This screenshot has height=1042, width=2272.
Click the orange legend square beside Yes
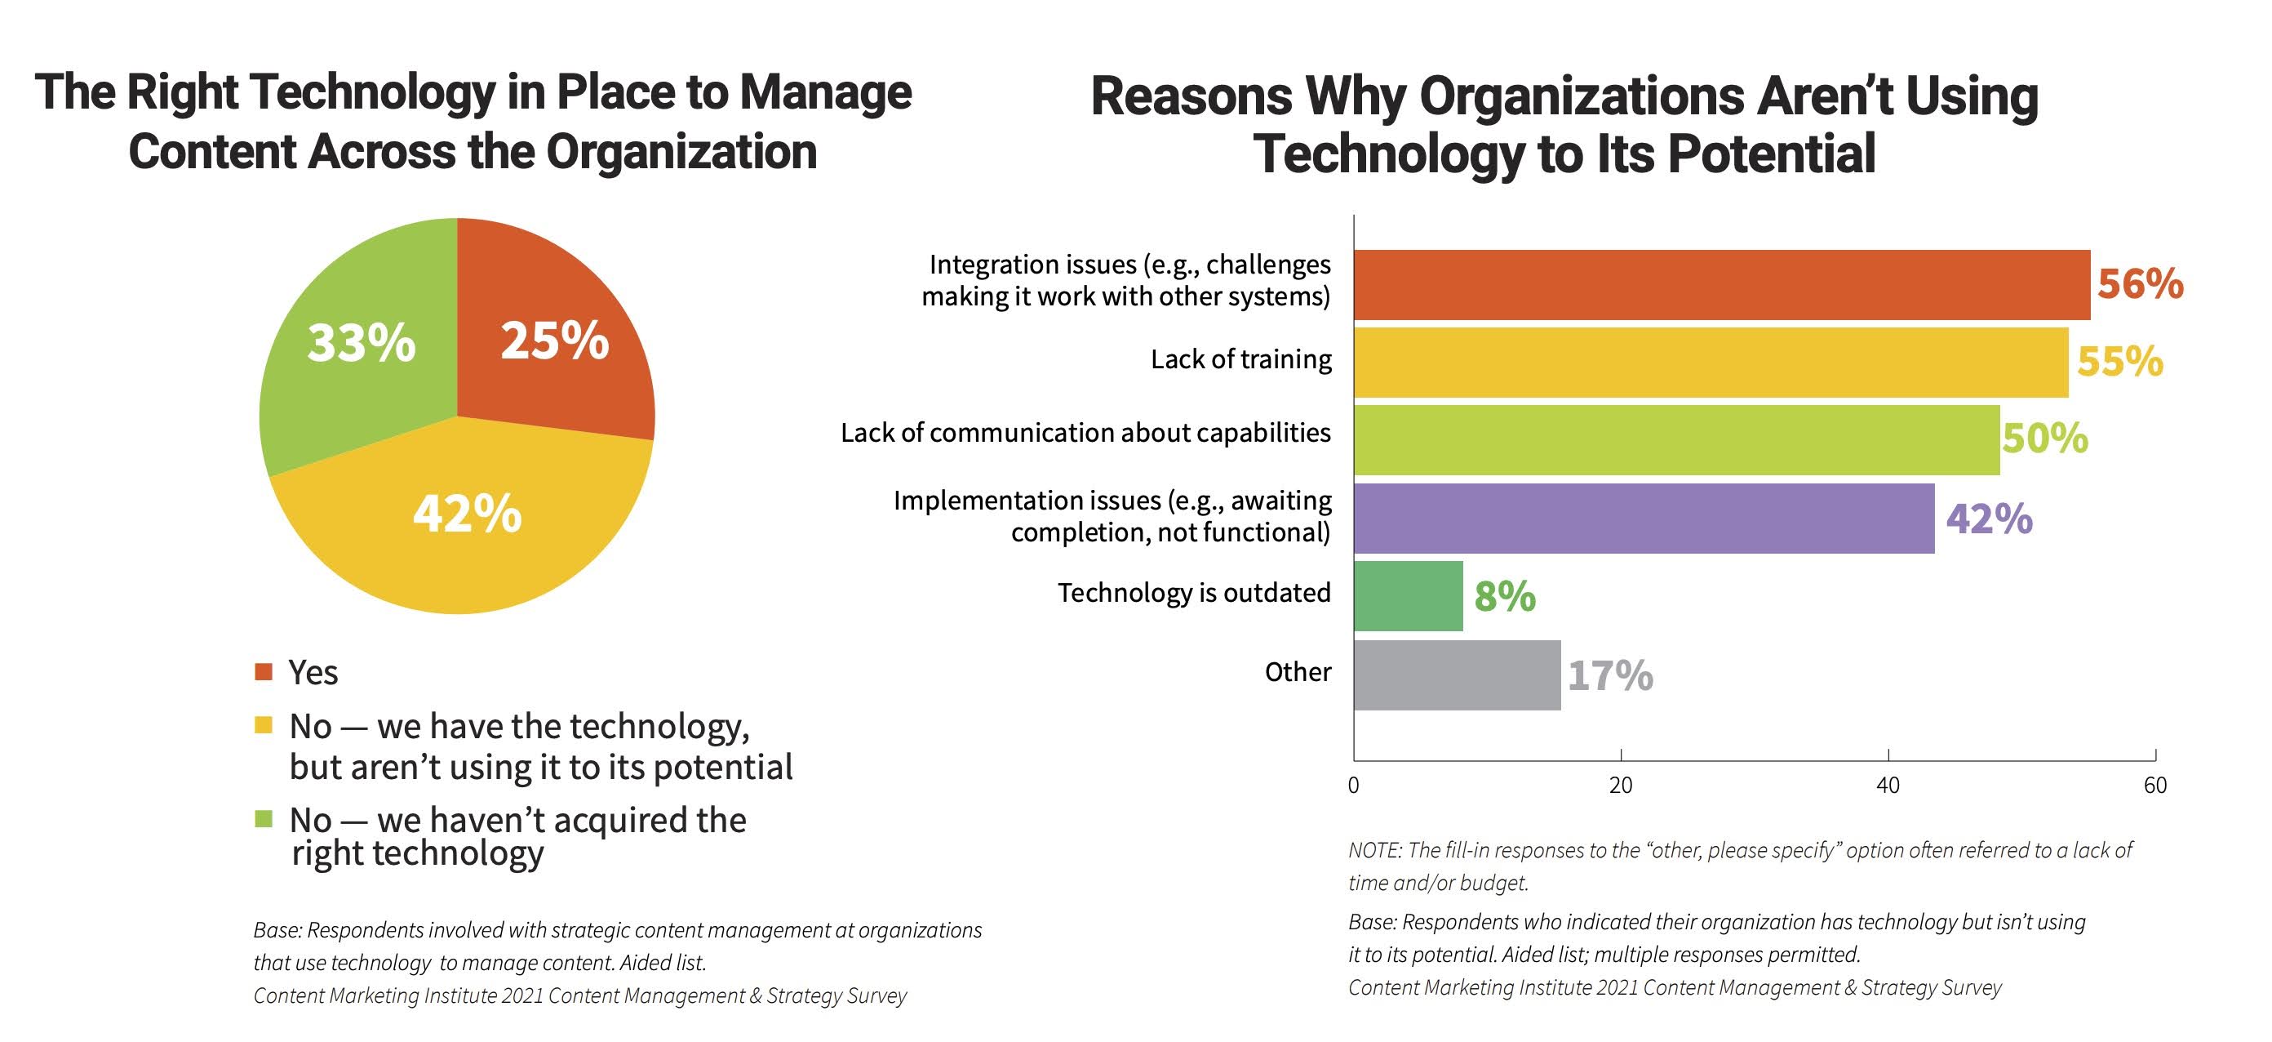263,672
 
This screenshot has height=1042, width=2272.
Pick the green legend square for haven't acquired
263,819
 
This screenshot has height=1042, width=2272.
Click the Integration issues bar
1720,284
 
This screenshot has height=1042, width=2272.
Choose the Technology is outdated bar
1408,595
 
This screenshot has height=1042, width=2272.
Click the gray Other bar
1456,675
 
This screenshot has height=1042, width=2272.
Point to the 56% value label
2140,284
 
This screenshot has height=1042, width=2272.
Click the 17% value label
1609,676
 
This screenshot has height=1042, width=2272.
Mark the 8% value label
1505,596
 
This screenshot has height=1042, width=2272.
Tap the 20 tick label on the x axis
1620,786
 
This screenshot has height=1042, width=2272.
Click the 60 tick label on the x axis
2154,786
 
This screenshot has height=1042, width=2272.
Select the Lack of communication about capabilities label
1085,432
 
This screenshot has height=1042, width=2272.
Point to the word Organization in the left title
681,152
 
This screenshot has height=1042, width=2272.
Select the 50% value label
2044,438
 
